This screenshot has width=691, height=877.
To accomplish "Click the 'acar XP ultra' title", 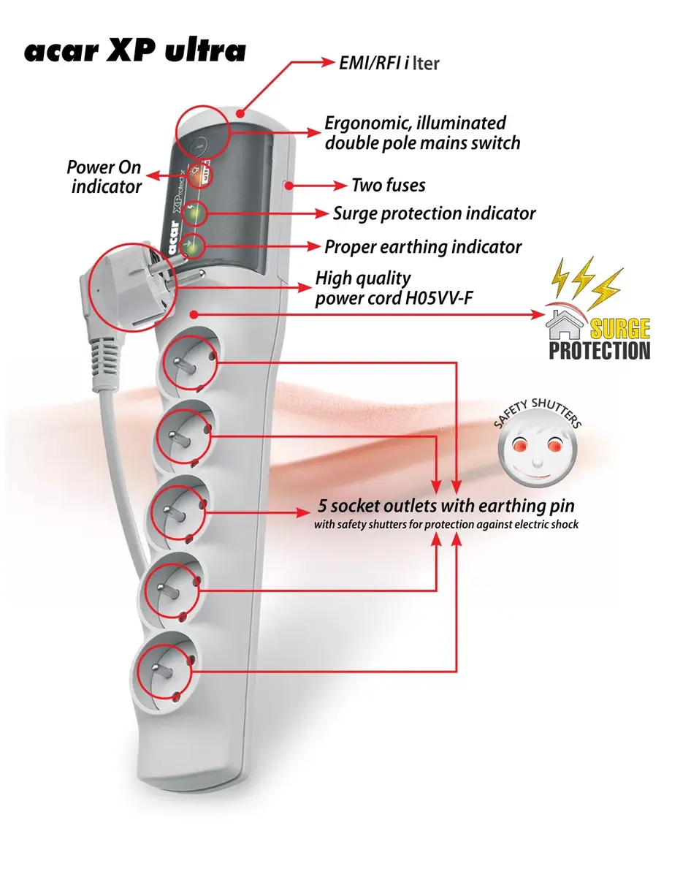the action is (135, 51).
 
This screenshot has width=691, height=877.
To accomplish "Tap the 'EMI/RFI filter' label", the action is (389, 63).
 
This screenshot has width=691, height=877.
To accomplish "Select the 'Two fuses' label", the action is (389, 186).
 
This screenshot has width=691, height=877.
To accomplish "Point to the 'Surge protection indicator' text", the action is (435, 214).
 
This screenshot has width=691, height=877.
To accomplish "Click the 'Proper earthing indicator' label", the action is (423, 247).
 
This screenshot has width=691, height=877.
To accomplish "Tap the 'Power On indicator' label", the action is (104, 178).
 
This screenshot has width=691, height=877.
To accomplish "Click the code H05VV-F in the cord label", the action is (439, 298).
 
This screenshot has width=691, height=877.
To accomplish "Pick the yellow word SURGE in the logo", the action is (619, 329).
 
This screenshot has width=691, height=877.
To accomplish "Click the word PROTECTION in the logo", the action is (599, 351).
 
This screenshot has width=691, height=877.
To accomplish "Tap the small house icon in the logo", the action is (565, 324).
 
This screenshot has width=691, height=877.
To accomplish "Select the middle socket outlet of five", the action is (178, 512).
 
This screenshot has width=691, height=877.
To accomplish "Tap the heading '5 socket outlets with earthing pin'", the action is (446, 506).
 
